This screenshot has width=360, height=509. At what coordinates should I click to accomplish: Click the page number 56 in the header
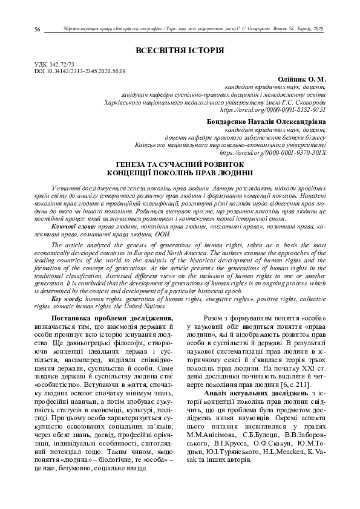pos(38,30)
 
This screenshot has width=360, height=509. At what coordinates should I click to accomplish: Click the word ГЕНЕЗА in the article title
pos(134,164)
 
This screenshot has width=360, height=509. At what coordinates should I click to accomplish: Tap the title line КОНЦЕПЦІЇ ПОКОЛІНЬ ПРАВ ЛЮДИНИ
pos(180,172)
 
